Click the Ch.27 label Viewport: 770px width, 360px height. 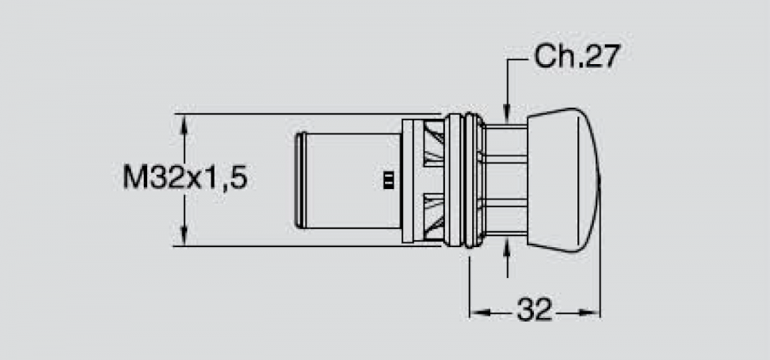pyautogui.click(x=577, y=56)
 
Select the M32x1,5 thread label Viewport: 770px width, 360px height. pyautogui.click(x=185, y=177)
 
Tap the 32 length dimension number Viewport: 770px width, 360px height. pyautogui.click(x=535, y=310)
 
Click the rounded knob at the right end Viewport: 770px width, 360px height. pyautogui.click(x=564, y=180)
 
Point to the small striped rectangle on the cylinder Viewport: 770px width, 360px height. pyautogui.click(x=388, y=180)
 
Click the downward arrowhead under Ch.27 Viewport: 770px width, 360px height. pyautogui.click(x=507, y=112)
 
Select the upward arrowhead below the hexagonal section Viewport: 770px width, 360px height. pyautogui.click(x=507, y=246)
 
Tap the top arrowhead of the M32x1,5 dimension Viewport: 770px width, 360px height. pyautogui.click(x=184, y=123)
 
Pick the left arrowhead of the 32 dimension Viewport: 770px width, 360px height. pyautogui.click(x=479, y=312)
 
